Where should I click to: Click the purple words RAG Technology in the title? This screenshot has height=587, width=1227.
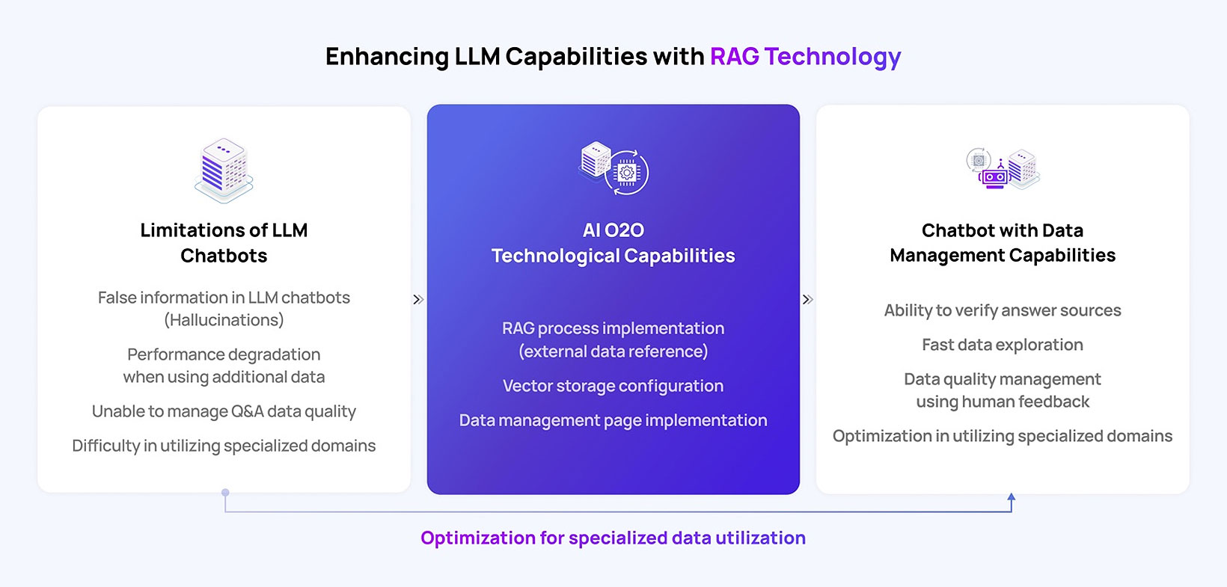[x=805, y=56]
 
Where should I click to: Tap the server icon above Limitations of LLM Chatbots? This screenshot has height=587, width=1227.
[x=224, y=170]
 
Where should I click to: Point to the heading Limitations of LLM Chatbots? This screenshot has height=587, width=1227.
[x=224, y=242]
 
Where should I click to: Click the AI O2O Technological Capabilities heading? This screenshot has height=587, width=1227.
[x=613, y=242]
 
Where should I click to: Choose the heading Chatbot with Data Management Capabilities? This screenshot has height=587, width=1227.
[x=1003, y=242]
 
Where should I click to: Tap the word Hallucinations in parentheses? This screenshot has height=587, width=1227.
[x=224, y=320]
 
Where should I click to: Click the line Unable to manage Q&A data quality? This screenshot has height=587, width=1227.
[x=224, y=411]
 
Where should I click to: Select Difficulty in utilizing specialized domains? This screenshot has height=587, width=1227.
[x=224, y=446]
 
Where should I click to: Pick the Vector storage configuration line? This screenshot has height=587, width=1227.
[x=613, y=386]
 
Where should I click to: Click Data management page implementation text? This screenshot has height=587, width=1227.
[x=613, y=420]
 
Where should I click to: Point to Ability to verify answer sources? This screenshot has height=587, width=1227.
[x=1003, y=310]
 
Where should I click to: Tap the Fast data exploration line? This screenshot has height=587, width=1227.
[x=1003, y=345]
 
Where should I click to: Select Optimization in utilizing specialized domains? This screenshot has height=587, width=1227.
[x=1003, y=437]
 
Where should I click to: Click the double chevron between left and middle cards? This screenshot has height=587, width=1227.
[x=418, y=300]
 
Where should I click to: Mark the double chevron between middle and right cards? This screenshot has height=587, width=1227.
[x=808, y=300]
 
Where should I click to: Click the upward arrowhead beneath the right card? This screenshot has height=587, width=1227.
[x=1012, y=497]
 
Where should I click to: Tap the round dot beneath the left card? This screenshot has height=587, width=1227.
[x=225, y=493]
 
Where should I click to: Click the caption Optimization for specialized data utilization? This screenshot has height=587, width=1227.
[x=613, y=538]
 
